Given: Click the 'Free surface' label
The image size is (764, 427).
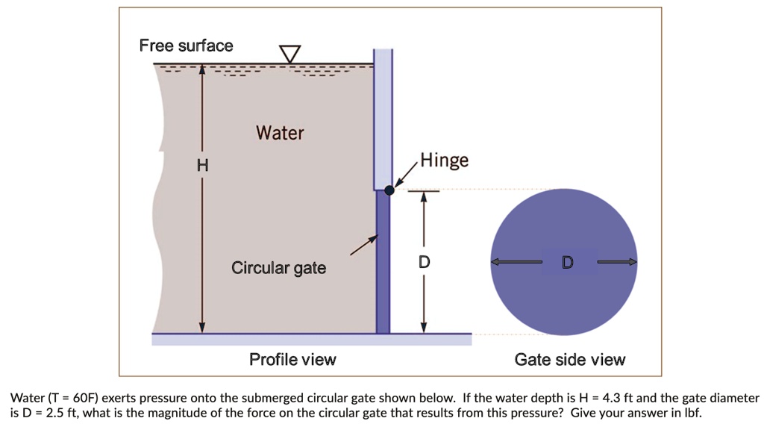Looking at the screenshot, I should [x=186, y=46].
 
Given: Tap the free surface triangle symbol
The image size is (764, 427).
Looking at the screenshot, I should [x=289, y=54].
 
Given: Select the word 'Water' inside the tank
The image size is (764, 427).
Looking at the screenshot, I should [x=280, y=133].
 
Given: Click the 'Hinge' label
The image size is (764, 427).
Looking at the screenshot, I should [x=445, y=160].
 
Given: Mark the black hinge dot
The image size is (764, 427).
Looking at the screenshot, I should [x=389, y=190].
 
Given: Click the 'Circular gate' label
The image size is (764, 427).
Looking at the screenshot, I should [x=278, y=267].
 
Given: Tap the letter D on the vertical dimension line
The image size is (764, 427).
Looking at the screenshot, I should [x=424, y=262].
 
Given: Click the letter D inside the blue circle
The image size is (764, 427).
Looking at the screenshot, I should [x=568, y=262].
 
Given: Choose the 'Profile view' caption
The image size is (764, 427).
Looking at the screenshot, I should [x=292, y=360].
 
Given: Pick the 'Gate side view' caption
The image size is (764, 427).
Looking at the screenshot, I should [x=570, y=360].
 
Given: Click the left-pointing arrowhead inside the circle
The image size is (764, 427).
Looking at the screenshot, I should [x=495, y=262].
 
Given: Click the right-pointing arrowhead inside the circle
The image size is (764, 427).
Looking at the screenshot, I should [x=633, y=262].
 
